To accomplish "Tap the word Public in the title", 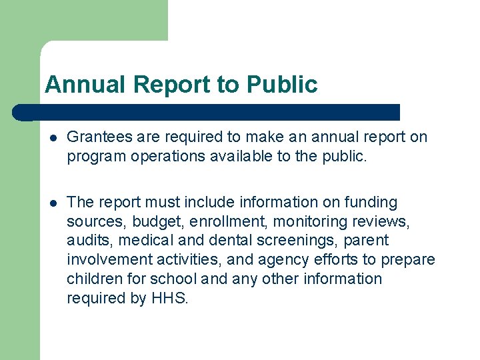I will tap(282, 85).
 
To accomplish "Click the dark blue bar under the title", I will tap(207, 112).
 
